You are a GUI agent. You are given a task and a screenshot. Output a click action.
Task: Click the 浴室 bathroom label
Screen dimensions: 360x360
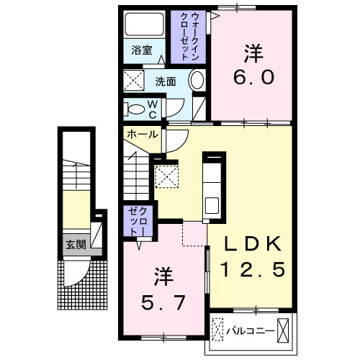142,50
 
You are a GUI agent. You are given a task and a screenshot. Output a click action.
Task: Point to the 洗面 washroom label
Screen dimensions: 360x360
166,81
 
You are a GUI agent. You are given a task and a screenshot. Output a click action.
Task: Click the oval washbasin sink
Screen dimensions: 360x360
197,81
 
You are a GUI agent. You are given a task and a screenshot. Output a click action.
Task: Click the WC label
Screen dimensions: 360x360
154,109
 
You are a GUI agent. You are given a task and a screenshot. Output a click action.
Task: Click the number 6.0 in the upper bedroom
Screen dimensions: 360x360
253,76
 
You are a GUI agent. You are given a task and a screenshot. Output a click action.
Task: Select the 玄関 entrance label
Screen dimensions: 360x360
76,244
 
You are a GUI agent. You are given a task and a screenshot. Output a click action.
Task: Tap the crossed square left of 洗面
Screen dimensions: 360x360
133,80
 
